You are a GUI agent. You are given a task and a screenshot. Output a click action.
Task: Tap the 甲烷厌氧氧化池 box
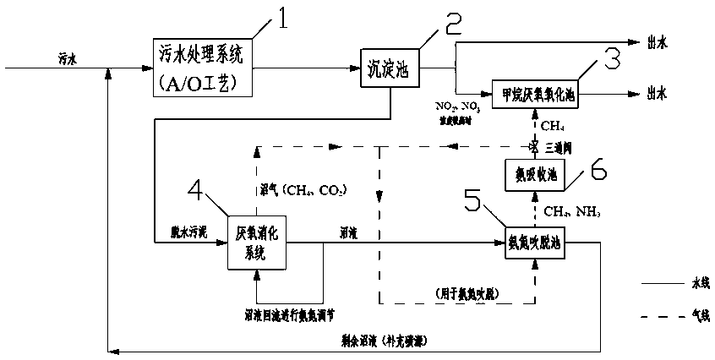[532, 91]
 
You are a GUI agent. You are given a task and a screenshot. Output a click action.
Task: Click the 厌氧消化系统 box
[256, 243]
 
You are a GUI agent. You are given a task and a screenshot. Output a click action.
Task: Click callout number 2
[454, 27]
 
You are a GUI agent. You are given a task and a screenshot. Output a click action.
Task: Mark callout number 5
[473, 201]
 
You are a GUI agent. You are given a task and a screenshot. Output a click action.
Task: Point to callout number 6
[598, 172]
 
